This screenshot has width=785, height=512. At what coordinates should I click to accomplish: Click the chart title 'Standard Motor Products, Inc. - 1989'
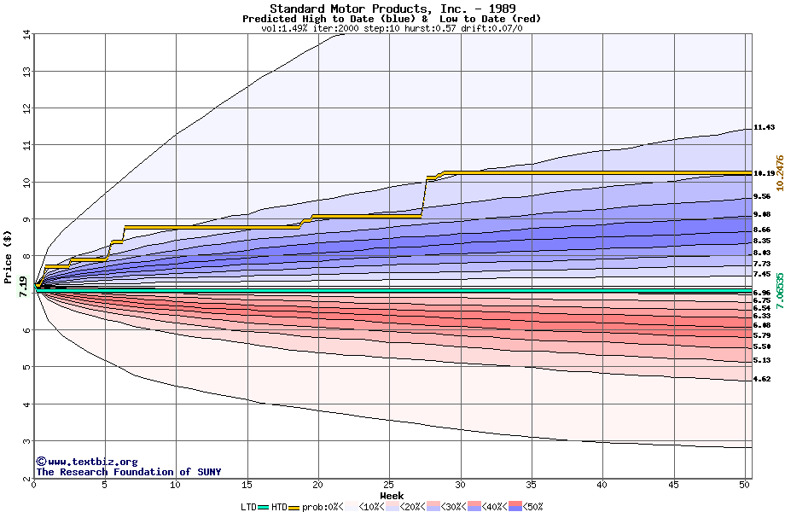point(392,9)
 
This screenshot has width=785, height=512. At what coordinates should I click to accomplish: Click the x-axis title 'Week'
point(392,495)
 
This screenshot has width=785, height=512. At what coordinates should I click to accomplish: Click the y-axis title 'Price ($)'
point(9,256)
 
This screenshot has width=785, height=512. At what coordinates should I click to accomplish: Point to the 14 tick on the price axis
point(26,34)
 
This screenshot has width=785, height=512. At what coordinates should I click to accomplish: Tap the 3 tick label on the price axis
point(26,441)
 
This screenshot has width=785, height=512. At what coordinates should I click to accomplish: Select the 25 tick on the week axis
point(389,485)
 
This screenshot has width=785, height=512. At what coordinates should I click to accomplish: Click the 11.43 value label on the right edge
point(764,128)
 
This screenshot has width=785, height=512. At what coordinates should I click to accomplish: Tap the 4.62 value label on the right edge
point(762,379)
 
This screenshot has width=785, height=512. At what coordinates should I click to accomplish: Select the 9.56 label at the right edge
point(762,196)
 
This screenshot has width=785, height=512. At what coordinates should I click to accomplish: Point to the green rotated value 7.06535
point(778,291)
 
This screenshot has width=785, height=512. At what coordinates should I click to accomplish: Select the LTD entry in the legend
point(248,507)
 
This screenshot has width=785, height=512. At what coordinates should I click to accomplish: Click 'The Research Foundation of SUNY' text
point(128,472)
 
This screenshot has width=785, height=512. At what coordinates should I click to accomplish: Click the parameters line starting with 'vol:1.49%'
point(392,28)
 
